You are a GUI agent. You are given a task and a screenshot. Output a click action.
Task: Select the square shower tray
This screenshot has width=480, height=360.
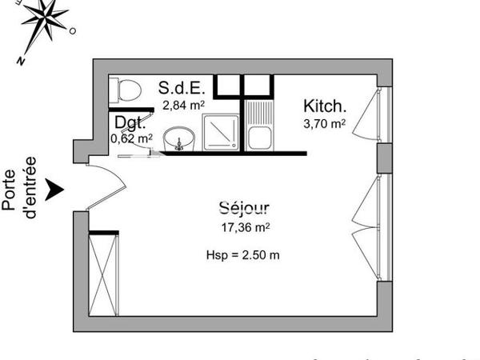(x=219, y=133)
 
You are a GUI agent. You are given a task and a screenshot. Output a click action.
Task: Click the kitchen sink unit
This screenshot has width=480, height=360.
(x=258, y=128)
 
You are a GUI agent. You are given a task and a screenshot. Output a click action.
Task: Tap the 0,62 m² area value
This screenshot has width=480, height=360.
(x=131, y=138)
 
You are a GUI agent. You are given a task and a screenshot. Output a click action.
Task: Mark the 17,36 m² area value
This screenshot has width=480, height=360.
(x=245, y=227)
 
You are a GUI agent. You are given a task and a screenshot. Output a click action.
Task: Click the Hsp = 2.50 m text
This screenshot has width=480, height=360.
(x=242, y=256)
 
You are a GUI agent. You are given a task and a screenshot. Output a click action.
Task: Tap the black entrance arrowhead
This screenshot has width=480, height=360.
(x=54, y=190)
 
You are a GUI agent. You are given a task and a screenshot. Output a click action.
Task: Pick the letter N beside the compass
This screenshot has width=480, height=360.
(x=23, y=61)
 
